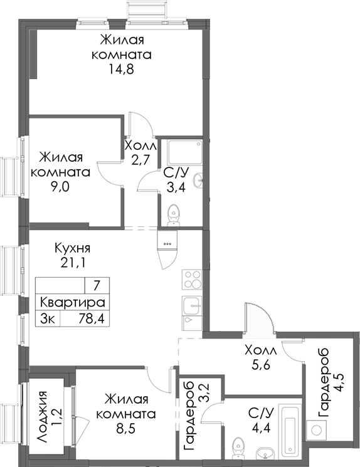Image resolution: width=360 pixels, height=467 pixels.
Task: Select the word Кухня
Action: (71, 248)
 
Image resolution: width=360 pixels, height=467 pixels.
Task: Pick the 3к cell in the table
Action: (48, 318)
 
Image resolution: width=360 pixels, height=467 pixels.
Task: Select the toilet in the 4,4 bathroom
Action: (238, 448)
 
